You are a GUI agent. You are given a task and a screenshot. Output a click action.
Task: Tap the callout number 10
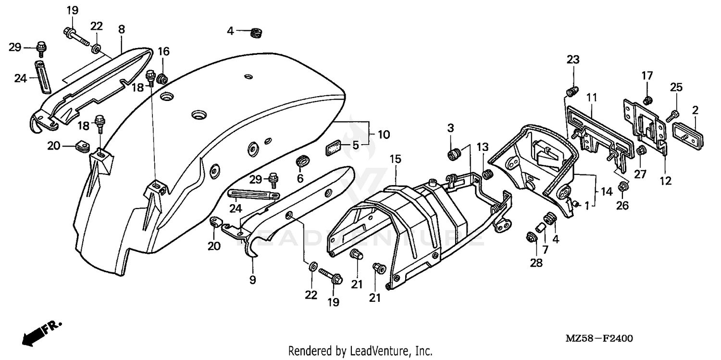click(x=384, y=135)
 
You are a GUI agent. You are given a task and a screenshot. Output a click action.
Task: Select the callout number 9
click(x=253, y=279)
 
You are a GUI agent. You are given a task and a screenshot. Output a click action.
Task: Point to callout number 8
click(x=121, y=29)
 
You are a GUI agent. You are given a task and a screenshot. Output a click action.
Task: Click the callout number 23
click(x=573, y=60)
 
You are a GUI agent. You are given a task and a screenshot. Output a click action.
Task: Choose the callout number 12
click(x=666, y=181)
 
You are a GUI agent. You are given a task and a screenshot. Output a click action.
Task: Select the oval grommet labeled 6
click(x=302, y=162)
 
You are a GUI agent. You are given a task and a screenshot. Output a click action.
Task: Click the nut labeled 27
click(x=641, y=151)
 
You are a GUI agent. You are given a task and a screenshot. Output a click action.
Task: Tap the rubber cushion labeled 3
click(x=453, y=155)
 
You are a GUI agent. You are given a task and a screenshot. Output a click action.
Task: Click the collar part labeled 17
click(x=647, y=100)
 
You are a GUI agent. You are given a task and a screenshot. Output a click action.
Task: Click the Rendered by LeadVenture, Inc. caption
click(x=360, y=351)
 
